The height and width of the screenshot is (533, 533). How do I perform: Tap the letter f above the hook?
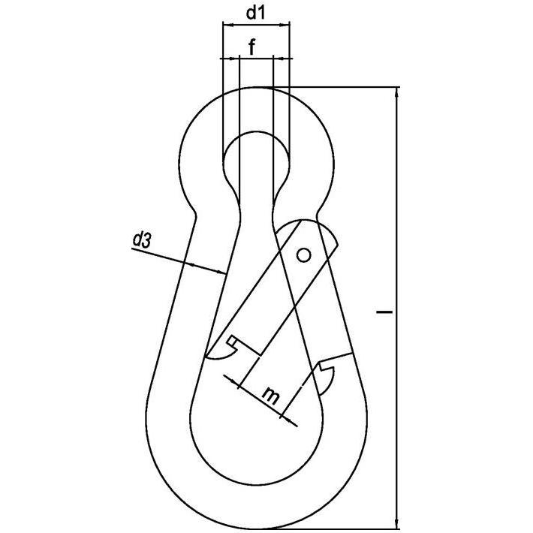(x=252, y=47)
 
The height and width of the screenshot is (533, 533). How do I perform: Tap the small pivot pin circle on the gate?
(x=303, y=255)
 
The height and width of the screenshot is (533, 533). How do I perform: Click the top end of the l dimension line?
(x=396, y=88)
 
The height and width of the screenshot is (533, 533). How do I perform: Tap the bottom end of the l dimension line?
(x=396, y=523)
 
